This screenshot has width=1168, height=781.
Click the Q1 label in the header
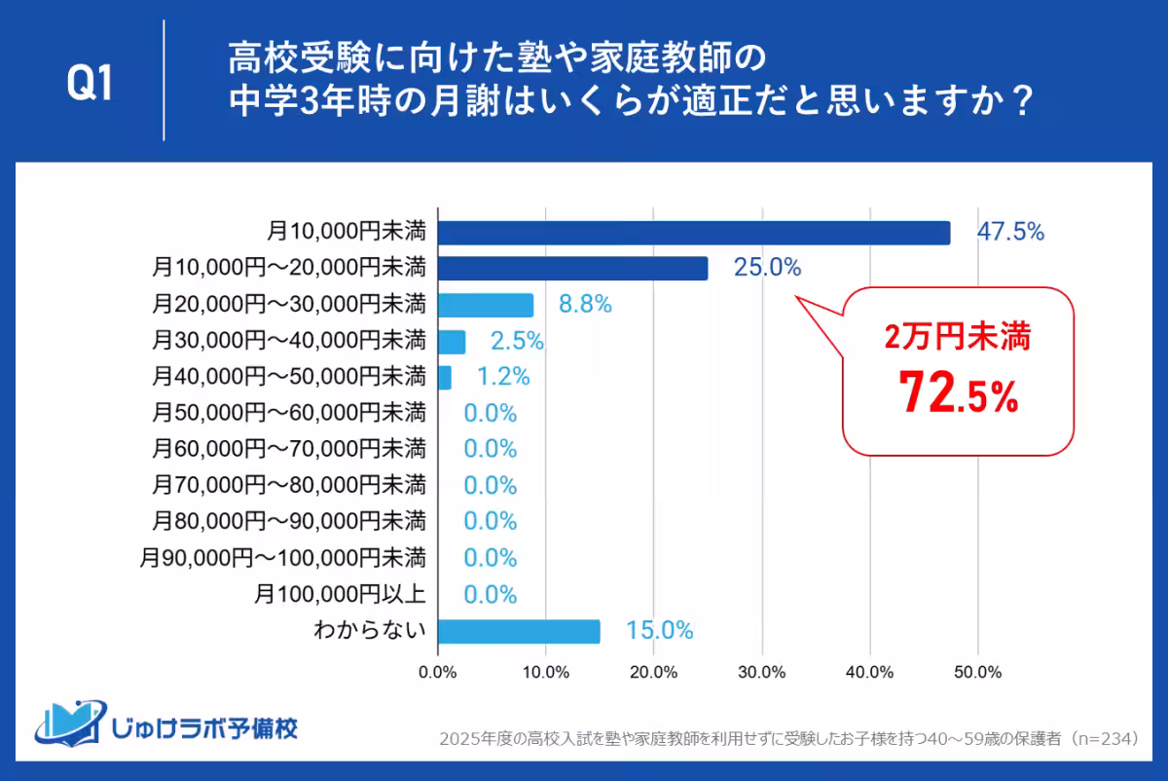coord(91,85)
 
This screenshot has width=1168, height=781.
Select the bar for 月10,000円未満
coord(694,233)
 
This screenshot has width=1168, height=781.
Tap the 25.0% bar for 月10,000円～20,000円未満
coord(573,268)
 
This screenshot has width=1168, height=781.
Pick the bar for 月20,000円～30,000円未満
coord(486,305)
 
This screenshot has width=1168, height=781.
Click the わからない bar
coord(519,631)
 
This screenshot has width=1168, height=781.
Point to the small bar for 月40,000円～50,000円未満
coord(445,377)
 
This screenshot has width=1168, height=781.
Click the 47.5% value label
coord(1010,232)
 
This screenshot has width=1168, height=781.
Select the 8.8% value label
coord(584,305)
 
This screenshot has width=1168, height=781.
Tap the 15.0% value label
coord(660,631)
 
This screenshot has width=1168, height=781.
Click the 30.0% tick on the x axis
coord(761,671)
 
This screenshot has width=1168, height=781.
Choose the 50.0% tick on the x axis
coord(977,671)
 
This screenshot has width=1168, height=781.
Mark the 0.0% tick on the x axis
coord(438,671)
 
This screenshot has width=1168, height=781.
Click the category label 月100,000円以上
coord(340,594)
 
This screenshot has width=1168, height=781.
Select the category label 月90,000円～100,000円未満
coord(282,558)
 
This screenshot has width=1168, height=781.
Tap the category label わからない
coord(369,631)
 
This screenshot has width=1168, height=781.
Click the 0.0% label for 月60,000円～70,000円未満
coord(490,449)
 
